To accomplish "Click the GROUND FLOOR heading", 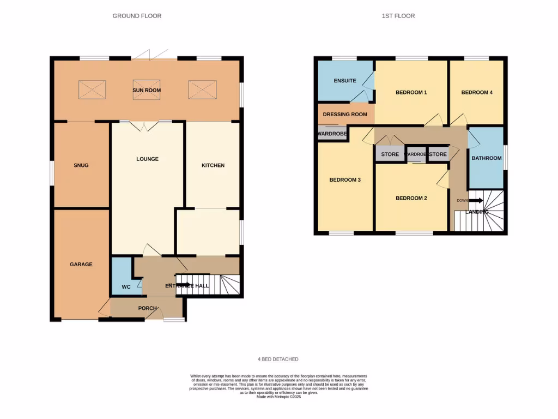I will click(137, 16).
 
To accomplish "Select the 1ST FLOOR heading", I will click(398, 16).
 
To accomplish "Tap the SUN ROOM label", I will click(147, 90).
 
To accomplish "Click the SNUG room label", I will click(81, 165).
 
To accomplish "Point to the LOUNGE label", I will click(147, 159).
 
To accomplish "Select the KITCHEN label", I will click(213, 165).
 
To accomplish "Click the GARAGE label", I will click(81, 265).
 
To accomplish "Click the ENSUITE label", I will click(344, 81).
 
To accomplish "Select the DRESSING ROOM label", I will click(345, 115).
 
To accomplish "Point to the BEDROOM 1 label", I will click(411, 93).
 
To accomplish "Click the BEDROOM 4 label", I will click(477, 93).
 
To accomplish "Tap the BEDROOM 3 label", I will click(345, 180).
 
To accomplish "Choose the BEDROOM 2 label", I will click(411, 198).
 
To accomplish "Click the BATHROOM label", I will click(486, 158).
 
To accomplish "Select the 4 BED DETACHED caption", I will click(278, 359).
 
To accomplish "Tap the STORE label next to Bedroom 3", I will click(390, 154).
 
